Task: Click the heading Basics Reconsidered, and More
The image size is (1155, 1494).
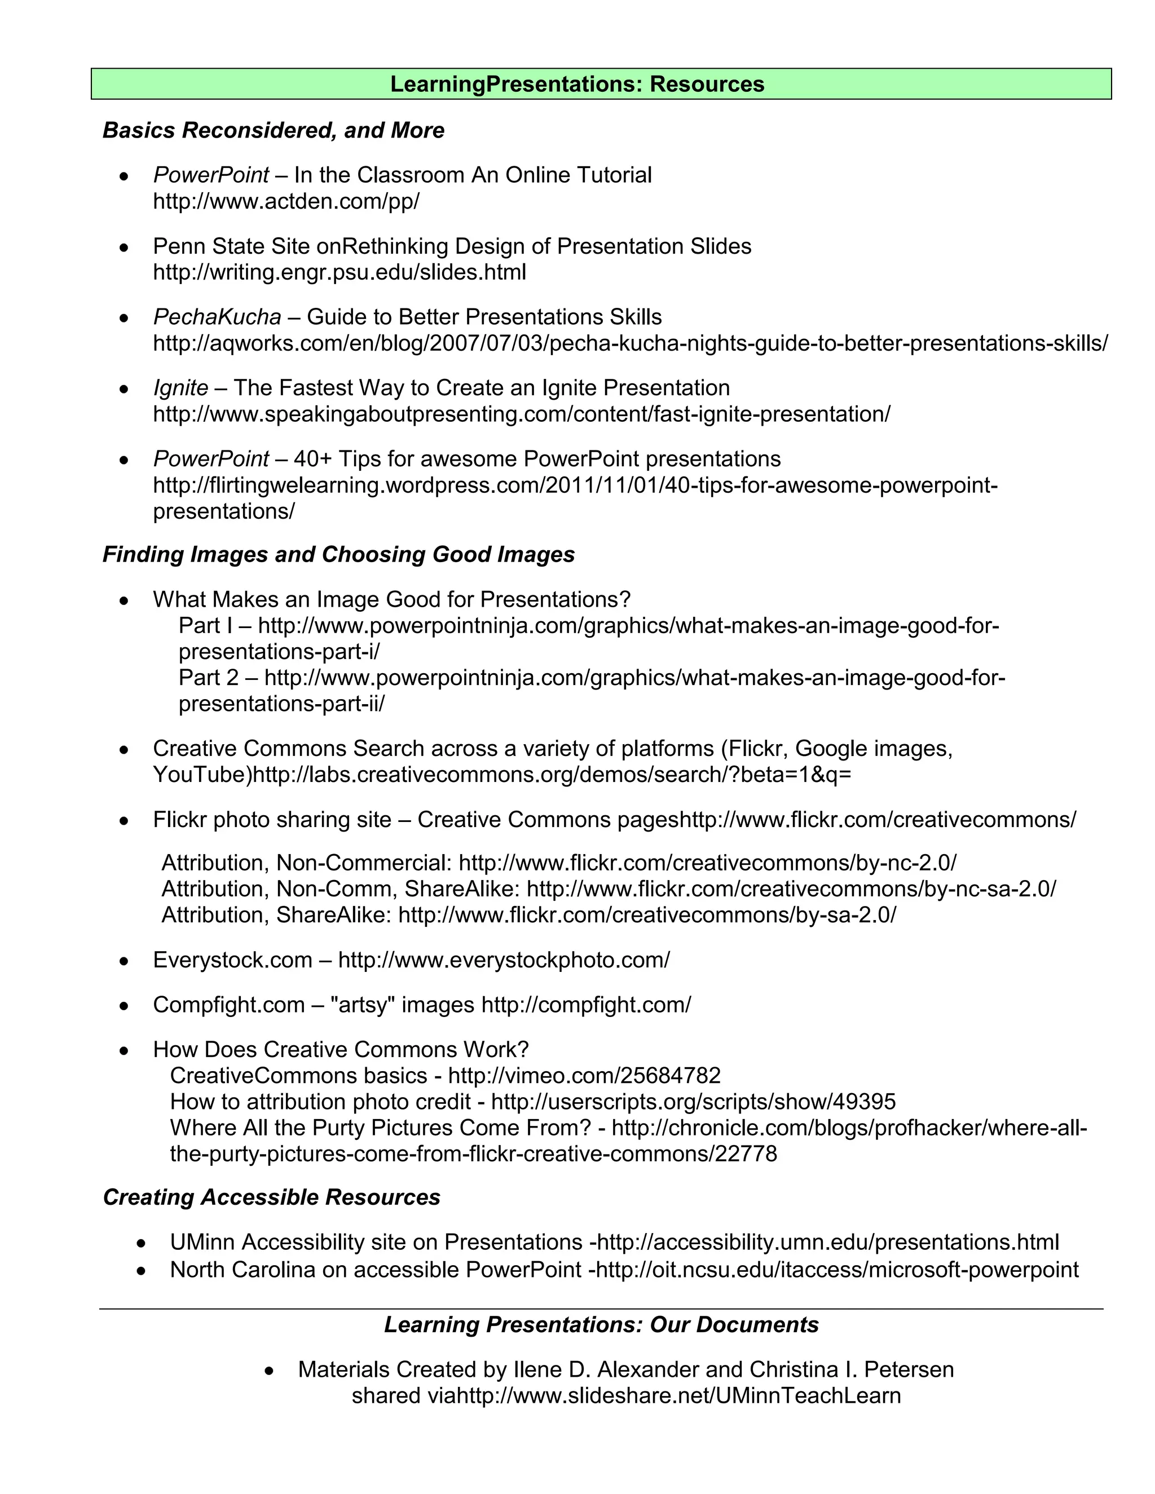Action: point(273,130)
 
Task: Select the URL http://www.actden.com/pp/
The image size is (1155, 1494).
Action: point(286,201)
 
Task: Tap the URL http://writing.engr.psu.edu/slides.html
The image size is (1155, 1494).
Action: point(340,272)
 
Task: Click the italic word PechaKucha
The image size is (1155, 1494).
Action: point(217,317)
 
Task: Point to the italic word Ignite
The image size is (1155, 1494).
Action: point(180,388)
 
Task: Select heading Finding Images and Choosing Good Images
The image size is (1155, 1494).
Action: point(338,554)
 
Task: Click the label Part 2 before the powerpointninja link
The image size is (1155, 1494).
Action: point(208,678)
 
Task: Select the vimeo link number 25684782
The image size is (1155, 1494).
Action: point(670,1075)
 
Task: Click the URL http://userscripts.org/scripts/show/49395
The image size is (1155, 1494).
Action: point(693,1102)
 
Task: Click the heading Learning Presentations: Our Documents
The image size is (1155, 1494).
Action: point(601,1324)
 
